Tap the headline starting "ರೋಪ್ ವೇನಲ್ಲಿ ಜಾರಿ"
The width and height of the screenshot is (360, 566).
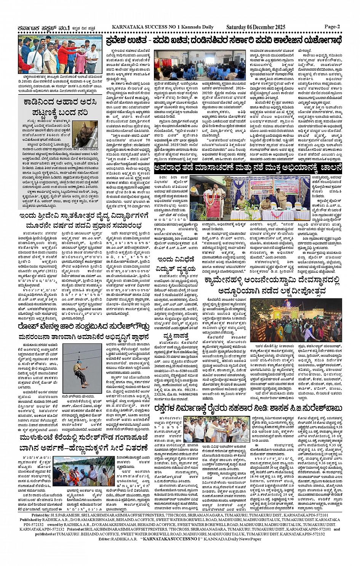pyautogui.click(x=85, y=326)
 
